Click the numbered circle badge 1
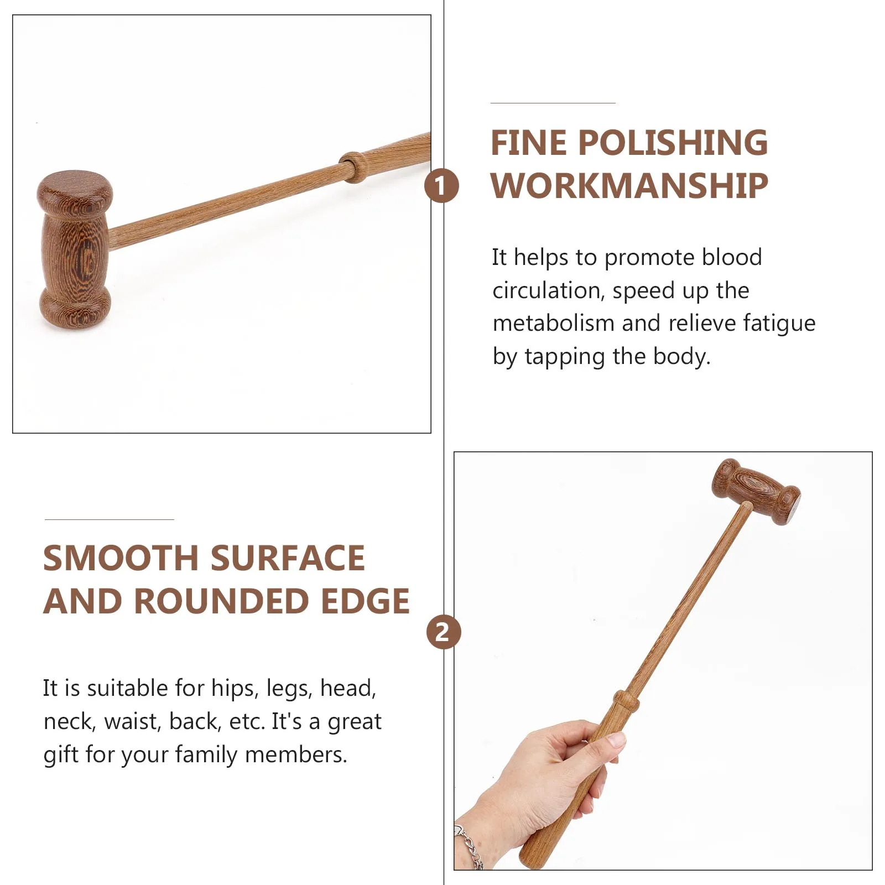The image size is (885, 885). click(x=441, y=186)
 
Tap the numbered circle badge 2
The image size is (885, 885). click(x=443, y=632)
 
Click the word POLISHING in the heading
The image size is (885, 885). click(x=673, y=143)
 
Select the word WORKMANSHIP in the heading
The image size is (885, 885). click(x=629, y=186)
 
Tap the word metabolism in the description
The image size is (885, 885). click(x=554, y=323)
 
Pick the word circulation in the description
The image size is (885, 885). click(x=546, y=290)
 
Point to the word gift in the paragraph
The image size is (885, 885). click(x=61, y=755)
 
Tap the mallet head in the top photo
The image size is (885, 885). click(x=75, y=249)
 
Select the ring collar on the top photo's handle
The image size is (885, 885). click(x=353, y=166)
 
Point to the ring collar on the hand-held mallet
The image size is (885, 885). click(x=626, y=701)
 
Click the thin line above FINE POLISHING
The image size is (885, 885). click(x=553, y=103)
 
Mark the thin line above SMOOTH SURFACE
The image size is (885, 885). click(x=109, y=519)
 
